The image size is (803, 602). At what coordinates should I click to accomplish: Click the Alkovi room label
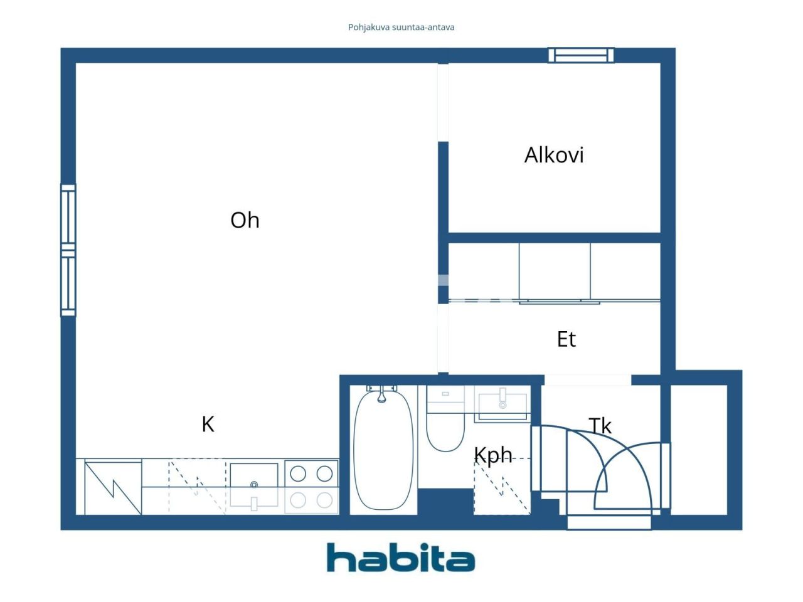[554, 155]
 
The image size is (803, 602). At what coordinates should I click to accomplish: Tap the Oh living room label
[245, 220]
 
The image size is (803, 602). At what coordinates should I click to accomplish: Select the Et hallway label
[566, 339]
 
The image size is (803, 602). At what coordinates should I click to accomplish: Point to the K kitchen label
[208, 425]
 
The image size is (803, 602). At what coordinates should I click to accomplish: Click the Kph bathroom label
[493, 455]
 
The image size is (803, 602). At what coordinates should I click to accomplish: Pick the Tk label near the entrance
[600, 426]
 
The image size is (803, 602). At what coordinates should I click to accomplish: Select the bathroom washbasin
[503, 405]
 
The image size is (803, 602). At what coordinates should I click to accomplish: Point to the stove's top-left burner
[298, 474]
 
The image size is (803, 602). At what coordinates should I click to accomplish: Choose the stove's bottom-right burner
[325, 500]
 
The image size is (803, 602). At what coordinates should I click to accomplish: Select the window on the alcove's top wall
[581, 55]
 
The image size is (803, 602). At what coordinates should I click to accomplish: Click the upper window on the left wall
[68, 216]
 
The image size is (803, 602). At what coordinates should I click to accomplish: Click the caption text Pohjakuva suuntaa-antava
[401, 28]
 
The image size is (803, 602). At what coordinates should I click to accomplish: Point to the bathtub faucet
[381, 394]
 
